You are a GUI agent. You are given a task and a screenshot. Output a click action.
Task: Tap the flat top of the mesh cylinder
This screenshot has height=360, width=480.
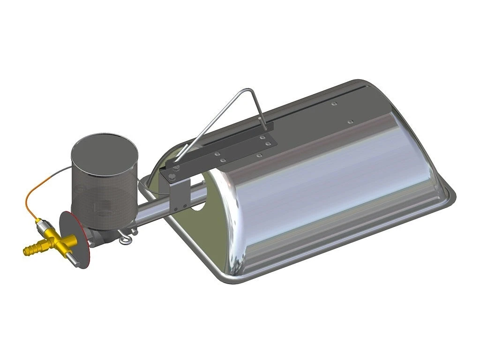point(104,154)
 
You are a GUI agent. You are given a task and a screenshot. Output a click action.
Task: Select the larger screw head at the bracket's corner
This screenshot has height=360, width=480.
point(172,176)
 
